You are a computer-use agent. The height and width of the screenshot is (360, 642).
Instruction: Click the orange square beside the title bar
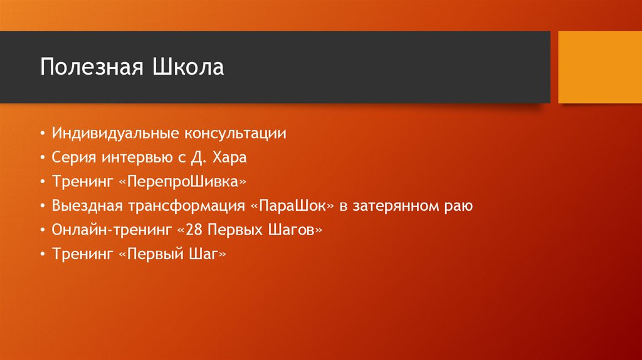click(x=599, y=67)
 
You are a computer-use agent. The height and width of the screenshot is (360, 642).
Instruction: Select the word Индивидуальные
click(x=116, y=133)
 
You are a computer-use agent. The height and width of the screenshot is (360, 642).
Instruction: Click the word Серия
click(x=72, y=157)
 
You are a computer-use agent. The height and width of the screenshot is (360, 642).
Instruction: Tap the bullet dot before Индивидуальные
click(x=41, y=134)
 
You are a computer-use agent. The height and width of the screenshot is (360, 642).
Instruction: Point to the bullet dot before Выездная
click(x=41, y=206)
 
